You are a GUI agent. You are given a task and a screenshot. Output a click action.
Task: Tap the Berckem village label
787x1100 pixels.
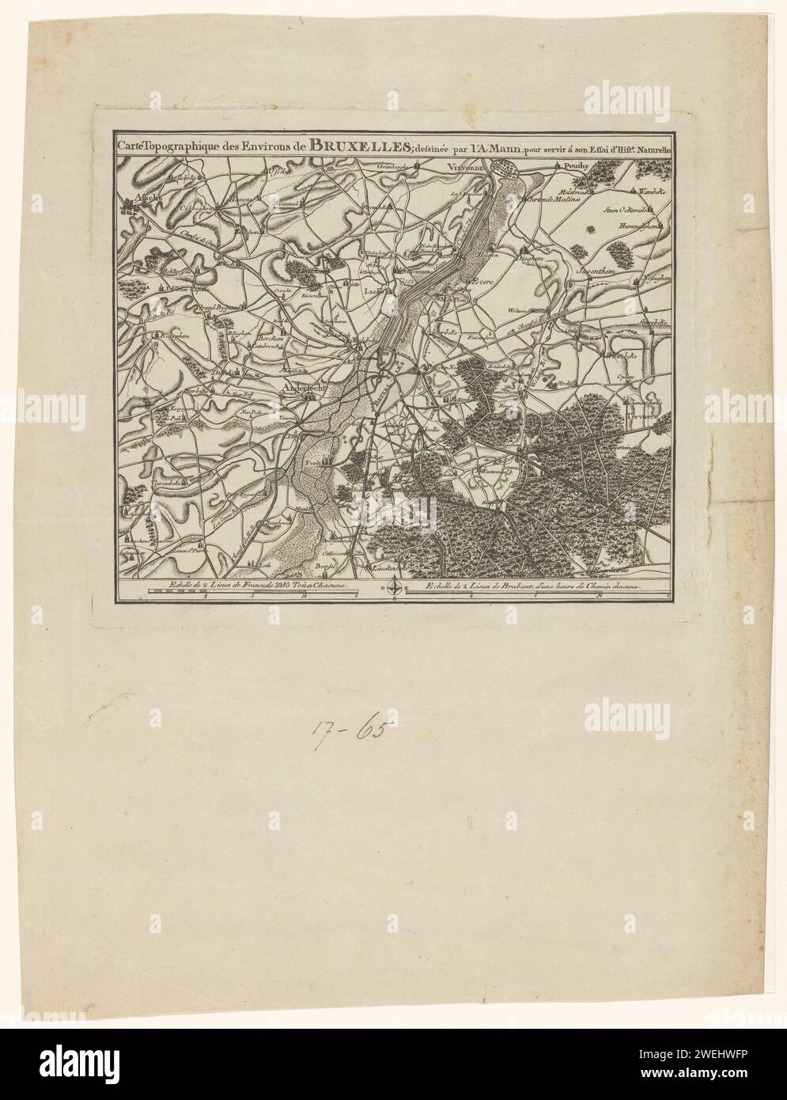pyautogui.click(x=271, y=339)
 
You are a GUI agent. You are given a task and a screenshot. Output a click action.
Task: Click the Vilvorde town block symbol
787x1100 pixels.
pyautogui.click(x=507, y=169)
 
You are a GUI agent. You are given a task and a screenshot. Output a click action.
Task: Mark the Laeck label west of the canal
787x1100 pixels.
pyautogui.click(x=370, y=291)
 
